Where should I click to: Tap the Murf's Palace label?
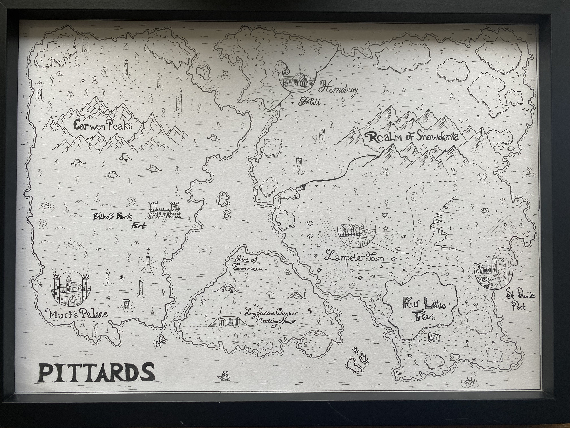[76, 314]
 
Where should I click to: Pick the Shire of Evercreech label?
[247, 263]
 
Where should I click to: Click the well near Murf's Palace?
[126, 303]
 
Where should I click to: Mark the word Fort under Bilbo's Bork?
[138, 226]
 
